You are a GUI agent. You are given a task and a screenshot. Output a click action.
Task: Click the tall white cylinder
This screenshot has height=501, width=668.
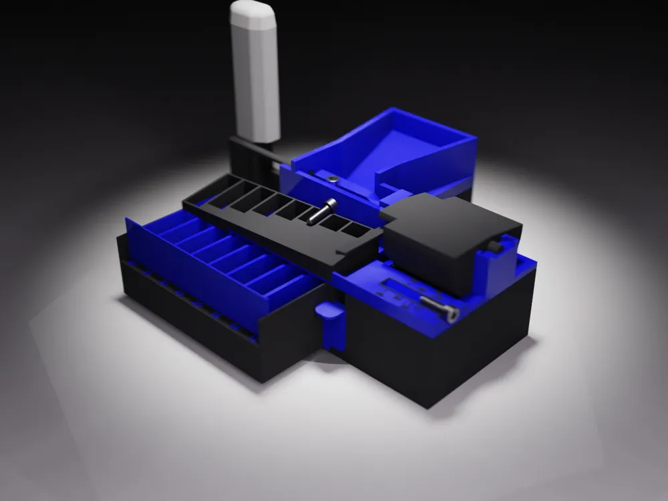(255, 73)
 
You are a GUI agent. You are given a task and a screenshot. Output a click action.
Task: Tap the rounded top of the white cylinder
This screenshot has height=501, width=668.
(253, 12)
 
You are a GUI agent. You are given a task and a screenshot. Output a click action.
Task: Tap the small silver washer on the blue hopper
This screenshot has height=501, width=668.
(332, 179)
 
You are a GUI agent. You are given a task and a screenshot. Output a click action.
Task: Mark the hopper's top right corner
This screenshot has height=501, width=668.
(476, 139)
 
